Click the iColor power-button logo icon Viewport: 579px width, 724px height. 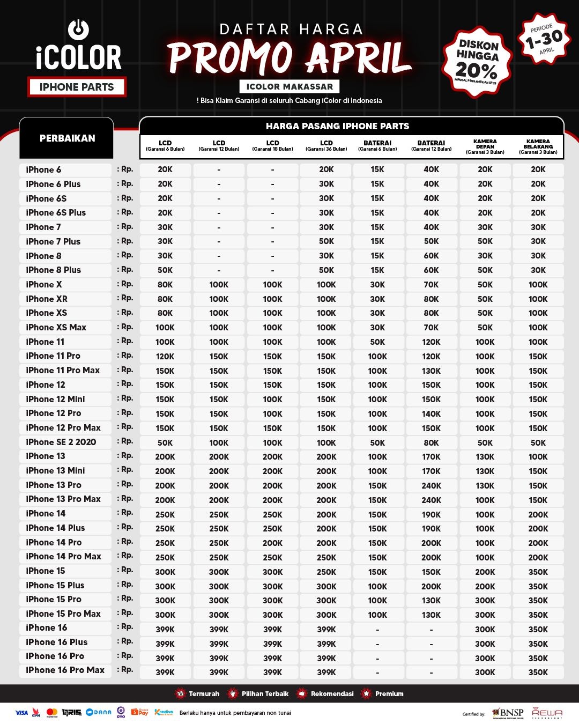pos(79,29)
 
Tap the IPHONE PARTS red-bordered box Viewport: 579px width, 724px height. pos(77,87)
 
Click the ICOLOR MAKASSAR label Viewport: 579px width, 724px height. pos(289,86)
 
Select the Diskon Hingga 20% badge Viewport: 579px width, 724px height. pos(477,61)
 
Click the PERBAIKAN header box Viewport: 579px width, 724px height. pos(67,138)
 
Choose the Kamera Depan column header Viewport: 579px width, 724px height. pos(485,146)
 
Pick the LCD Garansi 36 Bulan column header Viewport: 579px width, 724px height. pos(326,146)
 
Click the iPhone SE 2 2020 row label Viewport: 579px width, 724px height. pos(61,442)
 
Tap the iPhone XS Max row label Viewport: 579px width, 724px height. pos(56,327)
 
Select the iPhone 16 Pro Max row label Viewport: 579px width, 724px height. pos(65,670)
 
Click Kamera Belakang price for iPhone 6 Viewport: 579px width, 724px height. pos(538,169)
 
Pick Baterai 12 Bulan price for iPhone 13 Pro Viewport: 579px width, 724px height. pos(431,485)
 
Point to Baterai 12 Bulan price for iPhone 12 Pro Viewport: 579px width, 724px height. pos(431,413)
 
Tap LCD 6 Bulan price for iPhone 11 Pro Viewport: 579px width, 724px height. pos(165,356)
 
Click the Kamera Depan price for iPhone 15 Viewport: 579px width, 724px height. pos(485,572)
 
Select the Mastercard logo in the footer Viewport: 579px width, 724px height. pos(52,713)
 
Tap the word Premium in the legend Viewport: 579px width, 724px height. pos(389,693)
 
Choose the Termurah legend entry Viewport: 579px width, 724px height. pos(198,693)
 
